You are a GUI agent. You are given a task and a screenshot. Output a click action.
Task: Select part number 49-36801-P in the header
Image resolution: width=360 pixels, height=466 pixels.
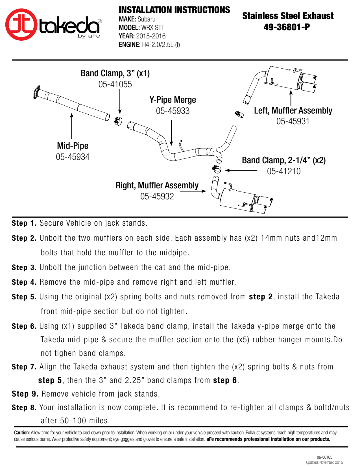287,27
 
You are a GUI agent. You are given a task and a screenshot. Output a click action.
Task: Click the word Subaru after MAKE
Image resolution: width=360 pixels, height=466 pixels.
147,19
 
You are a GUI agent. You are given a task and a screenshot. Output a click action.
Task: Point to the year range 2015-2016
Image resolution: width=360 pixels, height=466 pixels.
151,36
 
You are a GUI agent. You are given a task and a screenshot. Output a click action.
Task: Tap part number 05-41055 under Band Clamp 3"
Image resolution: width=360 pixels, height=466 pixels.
115,84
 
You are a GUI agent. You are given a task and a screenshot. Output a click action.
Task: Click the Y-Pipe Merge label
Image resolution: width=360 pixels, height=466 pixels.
173,100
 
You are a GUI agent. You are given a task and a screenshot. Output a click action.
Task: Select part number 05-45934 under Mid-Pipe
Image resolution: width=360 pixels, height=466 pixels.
73,157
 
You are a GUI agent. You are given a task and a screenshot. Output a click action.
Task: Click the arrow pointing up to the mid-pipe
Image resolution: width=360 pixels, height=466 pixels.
72,126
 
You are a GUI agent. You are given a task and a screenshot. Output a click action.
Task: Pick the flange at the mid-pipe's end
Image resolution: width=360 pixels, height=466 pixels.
37,92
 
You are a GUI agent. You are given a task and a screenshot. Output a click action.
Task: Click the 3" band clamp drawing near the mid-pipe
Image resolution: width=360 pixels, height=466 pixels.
118,121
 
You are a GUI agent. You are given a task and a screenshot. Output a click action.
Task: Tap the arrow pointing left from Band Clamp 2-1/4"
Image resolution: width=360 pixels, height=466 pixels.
241,171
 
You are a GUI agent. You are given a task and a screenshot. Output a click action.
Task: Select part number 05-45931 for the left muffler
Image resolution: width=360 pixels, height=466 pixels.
293,121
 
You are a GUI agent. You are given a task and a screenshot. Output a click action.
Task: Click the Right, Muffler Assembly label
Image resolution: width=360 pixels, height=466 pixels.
157,185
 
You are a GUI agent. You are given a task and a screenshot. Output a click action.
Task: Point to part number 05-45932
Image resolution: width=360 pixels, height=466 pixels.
157,197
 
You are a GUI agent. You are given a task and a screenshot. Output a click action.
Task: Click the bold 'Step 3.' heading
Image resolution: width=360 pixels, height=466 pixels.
24,268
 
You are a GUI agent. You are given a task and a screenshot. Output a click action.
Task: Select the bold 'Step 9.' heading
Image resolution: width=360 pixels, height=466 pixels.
25,394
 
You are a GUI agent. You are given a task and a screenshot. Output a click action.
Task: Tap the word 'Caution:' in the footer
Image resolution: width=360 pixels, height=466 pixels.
22,433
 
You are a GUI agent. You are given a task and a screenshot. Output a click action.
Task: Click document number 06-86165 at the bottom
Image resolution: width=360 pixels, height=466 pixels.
324,457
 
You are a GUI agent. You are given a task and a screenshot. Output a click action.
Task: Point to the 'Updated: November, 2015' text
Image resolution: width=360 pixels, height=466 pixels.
324,462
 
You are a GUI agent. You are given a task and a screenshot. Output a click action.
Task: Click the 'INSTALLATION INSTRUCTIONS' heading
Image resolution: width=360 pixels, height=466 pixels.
174,10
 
